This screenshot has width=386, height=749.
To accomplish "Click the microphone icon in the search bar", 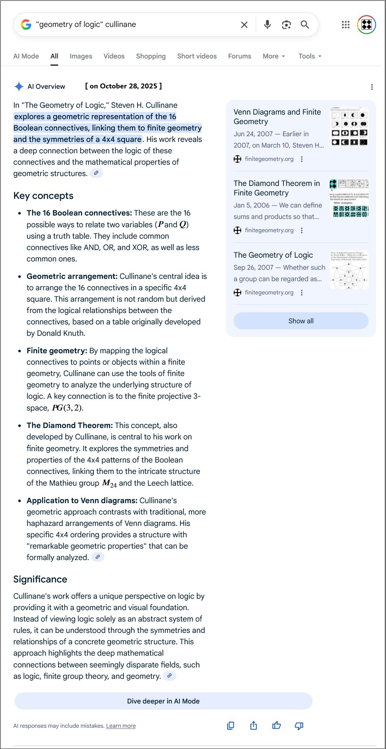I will (x=267, y=25).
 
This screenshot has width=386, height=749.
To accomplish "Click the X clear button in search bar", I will (x=244, y=25).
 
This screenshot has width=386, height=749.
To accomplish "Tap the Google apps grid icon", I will (x=345, y=25).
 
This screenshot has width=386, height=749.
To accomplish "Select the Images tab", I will (x=81, y=56).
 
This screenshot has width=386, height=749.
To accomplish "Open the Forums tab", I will (x=239, y=56).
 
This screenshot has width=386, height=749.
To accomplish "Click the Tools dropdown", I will (x=310, y=56).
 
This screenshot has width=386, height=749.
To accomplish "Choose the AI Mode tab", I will (x=26, y=56).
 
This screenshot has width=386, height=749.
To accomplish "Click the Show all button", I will (x=301, y=321).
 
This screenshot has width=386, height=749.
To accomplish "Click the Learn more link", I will (x=121, y=726).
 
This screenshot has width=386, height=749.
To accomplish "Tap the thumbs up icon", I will (x=277, y=725).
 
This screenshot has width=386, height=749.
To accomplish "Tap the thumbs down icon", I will (x=299, y=725).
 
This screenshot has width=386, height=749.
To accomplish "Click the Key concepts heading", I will (x=43, y=196).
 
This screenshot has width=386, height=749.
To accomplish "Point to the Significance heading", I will (x=40, y=579).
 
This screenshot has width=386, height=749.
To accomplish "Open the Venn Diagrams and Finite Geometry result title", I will (x=277, y=116).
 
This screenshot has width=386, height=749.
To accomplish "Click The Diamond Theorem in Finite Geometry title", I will (x=277, y=188).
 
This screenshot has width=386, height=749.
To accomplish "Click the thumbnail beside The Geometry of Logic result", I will (x=349, y=270).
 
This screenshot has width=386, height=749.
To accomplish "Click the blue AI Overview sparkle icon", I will (x=19, y=87).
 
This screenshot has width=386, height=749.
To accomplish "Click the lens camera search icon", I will (x=286, y=25).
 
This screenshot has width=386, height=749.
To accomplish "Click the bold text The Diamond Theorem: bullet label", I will (x=70, y=425).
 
